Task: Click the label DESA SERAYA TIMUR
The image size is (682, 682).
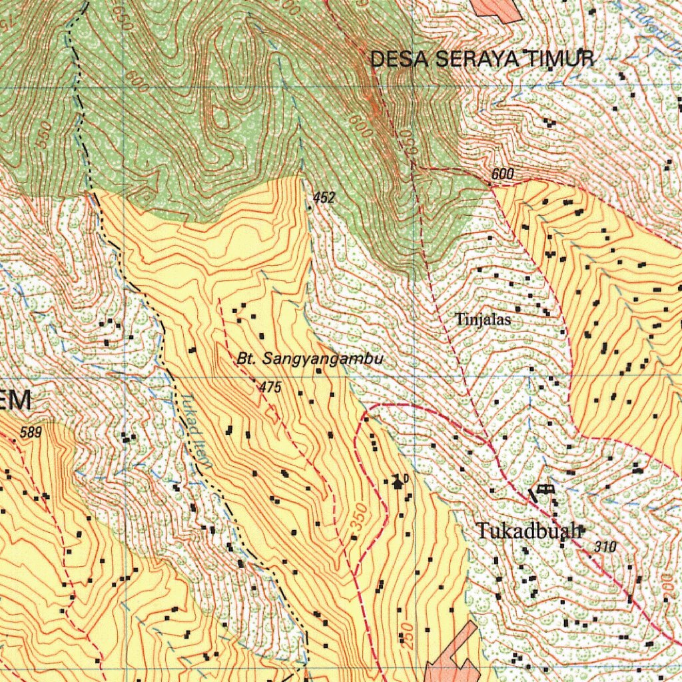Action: [482, 59]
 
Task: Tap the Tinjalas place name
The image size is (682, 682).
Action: [484, 320]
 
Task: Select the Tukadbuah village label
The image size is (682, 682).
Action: [530, 531]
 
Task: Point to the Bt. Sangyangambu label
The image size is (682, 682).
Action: [310, 360]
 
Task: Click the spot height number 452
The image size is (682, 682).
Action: [324, 198]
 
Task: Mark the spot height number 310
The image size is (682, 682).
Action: [605, 547]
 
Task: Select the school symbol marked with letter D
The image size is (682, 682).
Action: [398, 481]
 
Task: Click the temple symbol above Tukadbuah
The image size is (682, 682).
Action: [545, 490]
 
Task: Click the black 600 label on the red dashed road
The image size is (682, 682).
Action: [503, 174]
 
